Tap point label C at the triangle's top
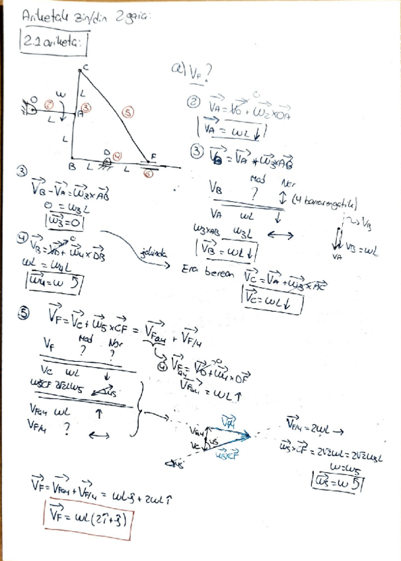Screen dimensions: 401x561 85,67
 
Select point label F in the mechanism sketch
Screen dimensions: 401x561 153,155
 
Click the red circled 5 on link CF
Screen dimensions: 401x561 129,113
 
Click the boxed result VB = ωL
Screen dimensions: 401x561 227,251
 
